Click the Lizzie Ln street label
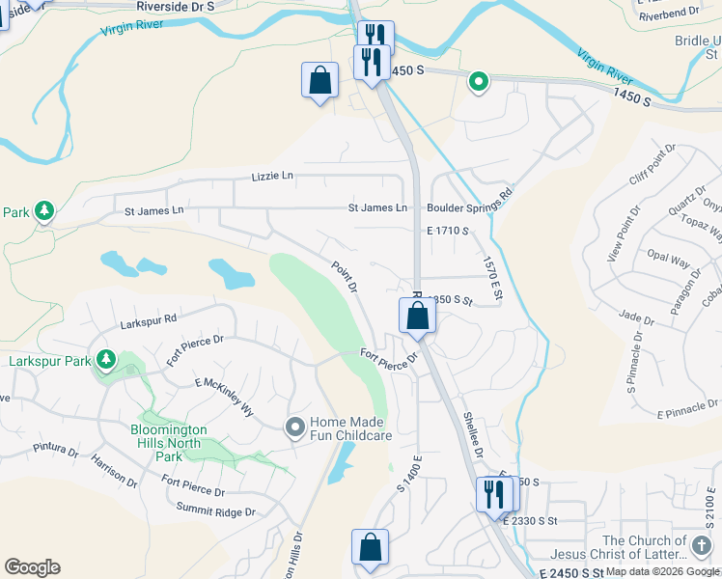click(271, 177)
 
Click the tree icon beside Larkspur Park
click(105, 362)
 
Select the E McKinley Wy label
click(223, 397)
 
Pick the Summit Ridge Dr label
click(215, 510)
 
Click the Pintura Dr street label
click(55, 449)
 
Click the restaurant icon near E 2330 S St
click(493, 495)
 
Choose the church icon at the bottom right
click(701, 546)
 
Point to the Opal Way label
click(668, 262)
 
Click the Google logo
click(32, 566)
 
